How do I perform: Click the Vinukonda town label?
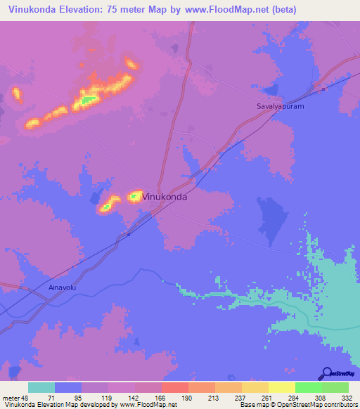click(x=165, y=197)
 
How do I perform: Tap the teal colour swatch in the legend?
click(x=41, y=387)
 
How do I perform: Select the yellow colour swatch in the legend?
click(x=281, y=387)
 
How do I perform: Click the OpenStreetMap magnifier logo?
click(x=326, y=373)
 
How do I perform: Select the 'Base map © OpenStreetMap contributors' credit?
click(x=299, y=405)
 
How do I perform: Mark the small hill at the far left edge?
click(x=16, y=93)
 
